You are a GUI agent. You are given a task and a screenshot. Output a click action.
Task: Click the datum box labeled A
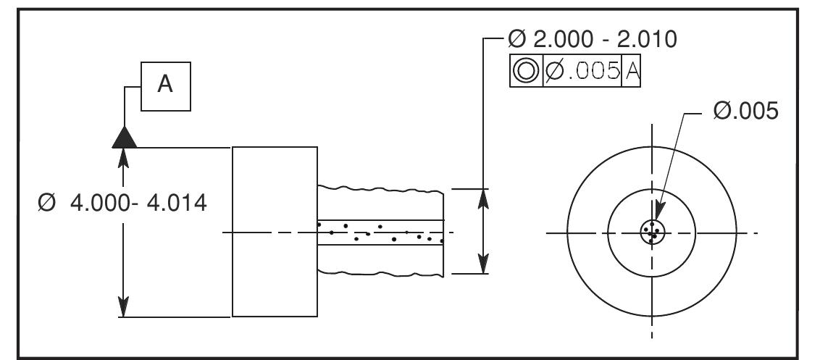166,85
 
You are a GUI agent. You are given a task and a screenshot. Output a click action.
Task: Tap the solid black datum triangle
125,137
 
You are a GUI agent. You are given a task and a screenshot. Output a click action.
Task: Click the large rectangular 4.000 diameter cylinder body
275,232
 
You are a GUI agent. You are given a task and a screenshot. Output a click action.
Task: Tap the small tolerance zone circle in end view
652,233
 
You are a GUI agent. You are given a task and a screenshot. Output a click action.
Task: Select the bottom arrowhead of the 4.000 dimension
125,307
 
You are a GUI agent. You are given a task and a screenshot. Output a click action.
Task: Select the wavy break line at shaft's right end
442,232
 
